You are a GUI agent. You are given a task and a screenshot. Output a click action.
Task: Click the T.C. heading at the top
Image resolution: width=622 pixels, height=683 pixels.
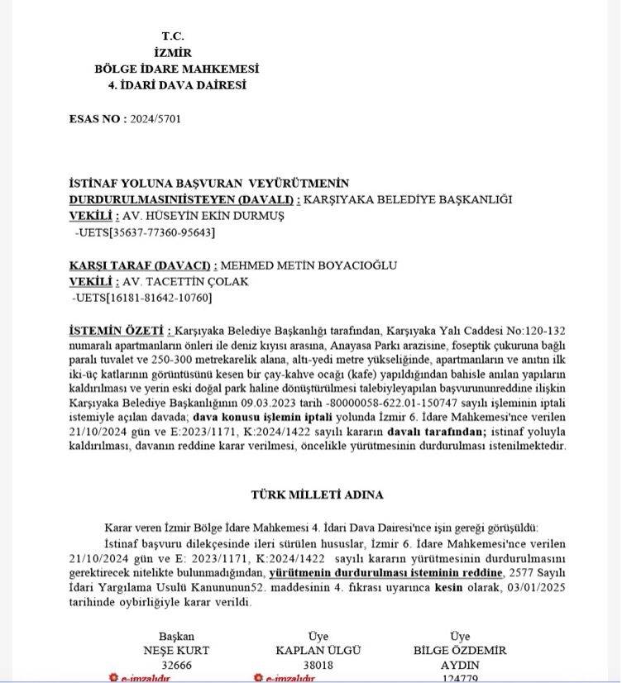tap(173, 37)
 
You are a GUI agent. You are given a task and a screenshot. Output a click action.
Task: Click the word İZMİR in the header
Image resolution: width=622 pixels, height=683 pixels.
tap(173, 53)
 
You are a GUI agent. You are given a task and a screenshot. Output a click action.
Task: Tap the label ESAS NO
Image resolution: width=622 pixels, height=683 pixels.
tap(95, 118)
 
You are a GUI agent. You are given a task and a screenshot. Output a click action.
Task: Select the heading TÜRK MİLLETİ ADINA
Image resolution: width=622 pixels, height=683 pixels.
tap(317, 494)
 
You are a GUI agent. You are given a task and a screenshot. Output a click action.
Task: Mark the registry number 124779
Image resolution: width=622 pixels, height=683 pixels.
tap(460, 678)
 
